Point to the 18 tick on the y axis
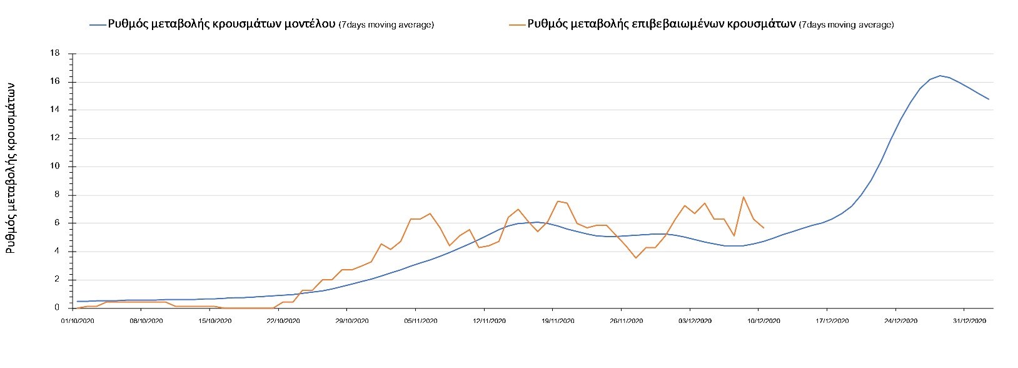click(x=56, y=54)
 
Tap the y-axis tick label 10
click(x=56, y=166)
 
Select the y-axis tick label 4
click(x=58, y=252)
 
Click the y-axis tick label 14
click(x=56, y=110)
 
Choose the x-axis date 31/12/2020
click(x=969, y=321)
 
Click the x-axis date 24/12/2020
click(x=901, y=321)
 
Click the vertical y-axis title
click(x=11, y=169)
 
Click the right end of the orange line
click(x=763, y=228)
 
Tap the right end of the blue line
click(x=989, y=99)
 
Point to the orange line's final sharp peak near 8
click(x=743, y=197)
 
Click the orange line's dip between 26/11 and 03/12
click(x=636, y=258)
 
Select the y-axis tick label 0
click(x=58, y=308)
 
